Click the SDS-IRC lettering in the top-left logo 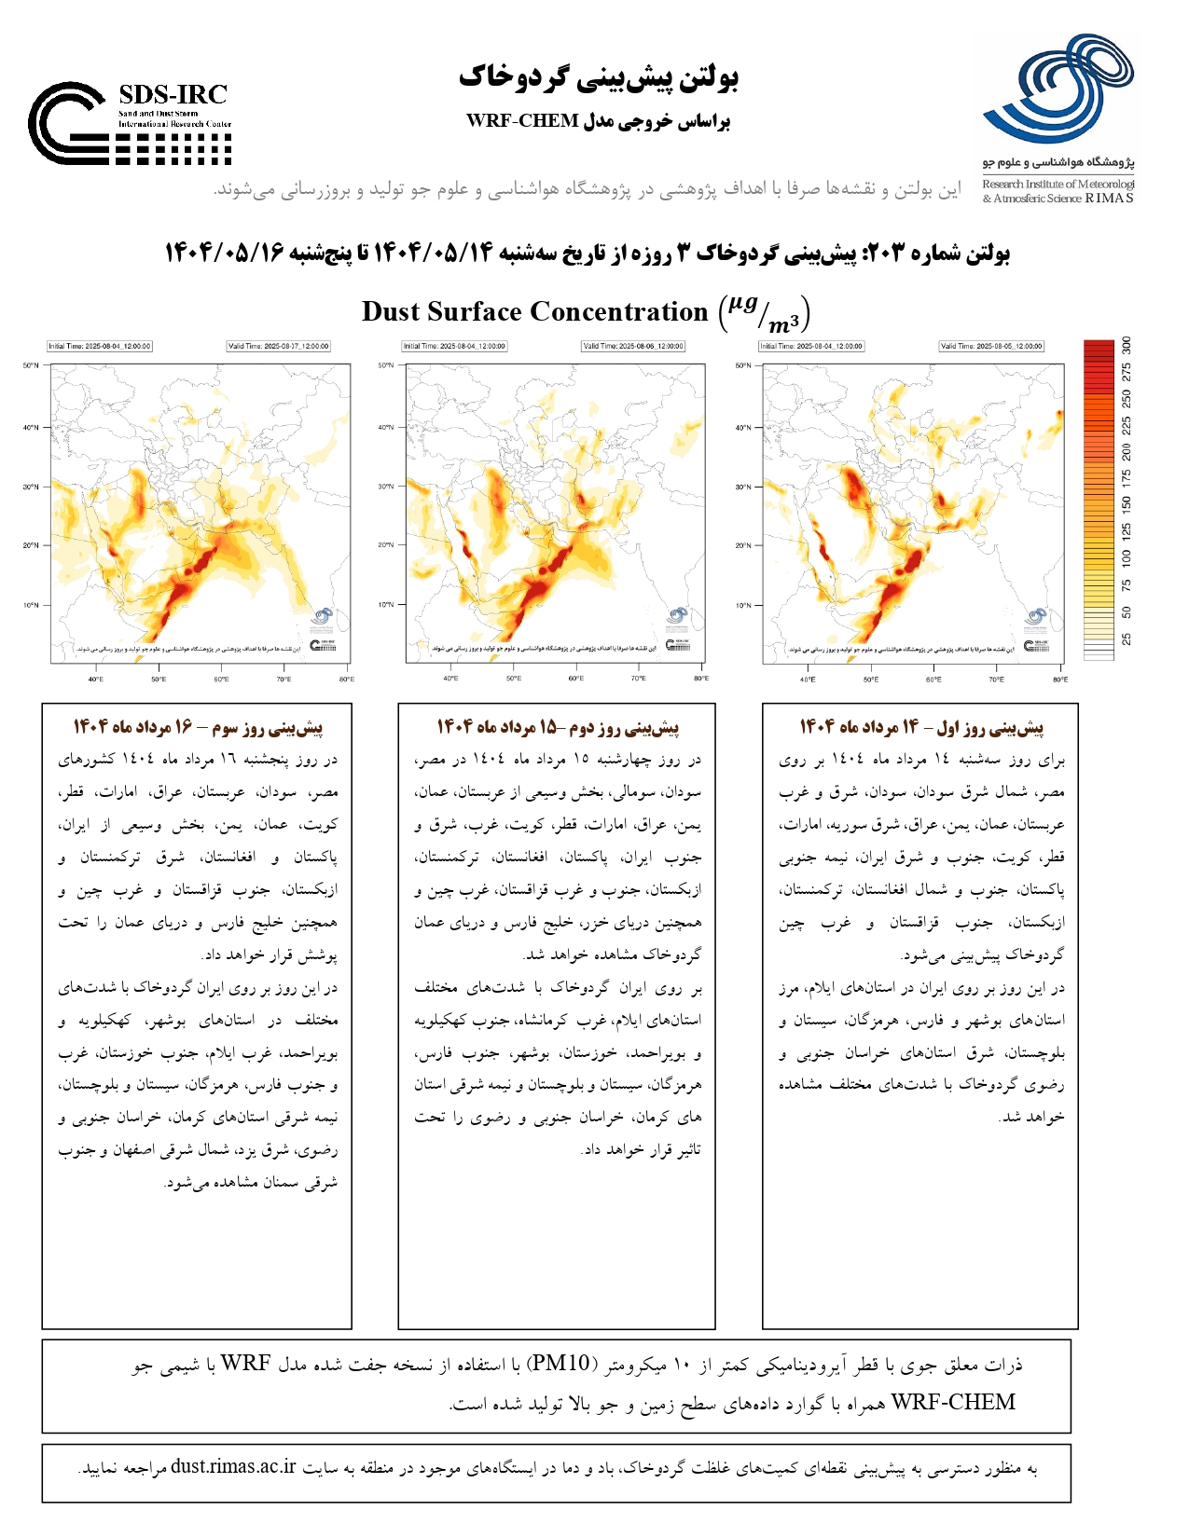click(173, 94)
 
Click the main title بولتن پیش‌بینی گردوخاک click(598, 77)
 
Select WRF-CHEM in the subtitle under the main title click(522, 121)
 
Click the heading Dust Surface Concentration click(534, 311)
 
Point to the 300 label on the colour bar click(1127, 345)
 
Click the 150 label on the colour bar click(1127, 504)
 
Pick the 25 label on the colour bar click(1127, 639)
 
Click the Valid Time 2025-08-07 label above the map click(278, 346)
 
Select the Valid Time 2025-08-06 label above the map click(633, 346)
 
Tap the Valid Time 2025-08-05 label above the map click(991, 346)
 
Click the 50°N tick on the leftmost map click(31, 365)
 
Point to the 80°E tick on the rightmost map click(1060, 680)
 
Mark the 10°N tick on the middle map click(386, 605)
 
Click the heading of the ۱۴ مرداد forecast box click(921, 726)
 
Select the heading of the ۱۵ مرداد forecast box click(558, 726)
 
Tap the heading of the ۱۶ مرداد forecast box click(198, 726)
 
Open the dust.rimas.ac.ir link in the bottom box click(233, 1466)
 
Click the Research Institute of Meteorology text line click(1058, 185)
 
